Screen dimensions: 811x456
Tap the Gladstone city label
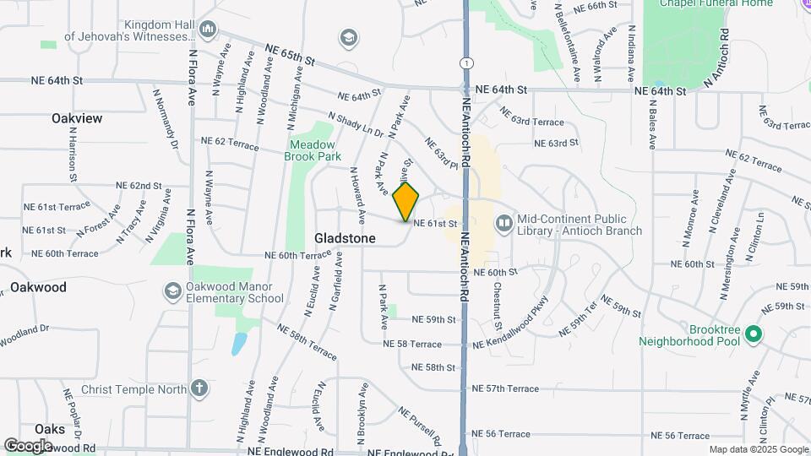(x=345, y=239)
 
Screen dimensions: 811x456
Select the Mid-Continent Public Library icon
(x=503, y=222)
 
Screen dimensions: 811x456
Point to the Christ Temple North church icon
(x=199, y=389)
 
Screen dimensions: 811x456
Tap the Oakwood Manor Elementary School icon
(x=173, y=291)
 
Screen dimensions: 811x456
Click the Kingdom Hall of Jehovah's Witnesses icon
(x=209, y=31)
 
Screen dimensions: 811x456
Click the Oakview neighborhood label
(x=77, y=118)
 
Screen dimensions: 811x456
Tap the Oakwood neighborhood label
(x=38, y=287)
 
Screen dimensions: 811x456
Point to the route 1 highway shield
(x=465, y=62)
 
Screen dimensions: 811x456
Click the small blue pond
(x=240, y=344)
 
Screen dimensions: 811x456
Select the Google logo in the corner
(x=28, y=445)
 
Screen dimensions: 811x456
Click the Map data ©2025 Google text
(x=758, y=449)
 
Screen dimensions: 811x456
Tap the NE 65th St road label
(x=289, y=57)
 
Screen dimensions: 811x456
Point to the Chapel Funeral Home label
(x=731, y=3)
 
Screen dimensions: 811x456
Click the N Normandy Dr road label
(x=166, y=124)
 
